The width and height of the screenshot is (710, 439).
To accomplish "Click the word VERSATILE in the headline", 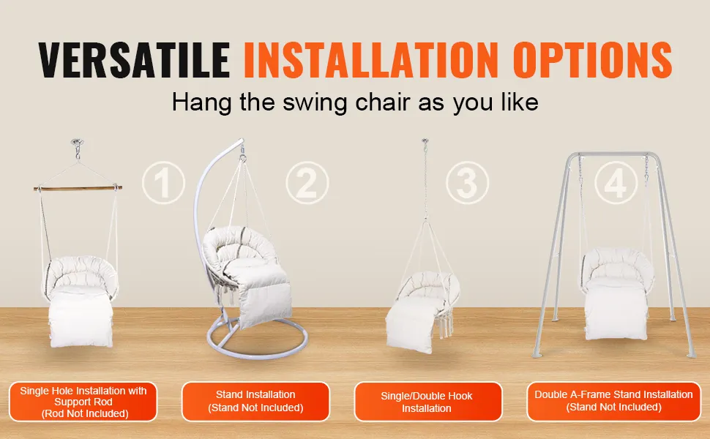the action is pyautogui.click(x=134, y=60).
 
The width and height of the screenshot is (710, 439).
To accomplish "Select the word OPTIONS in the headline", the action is pyautogui.click(x=592, y=60).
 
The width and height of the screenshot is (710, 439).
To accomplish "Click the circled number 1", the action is pyautogui.click(x=163, y=184).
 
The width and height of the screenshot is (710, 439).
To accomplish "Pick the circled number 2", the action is pyautogui.click(x=307, y=184).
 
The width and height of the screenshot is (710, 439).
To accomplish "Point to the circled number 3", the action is pyautogui.click(x=467, y=184).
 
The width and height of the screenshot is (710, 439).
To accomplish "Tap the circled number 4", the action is pyautogui.click(x=616, y=184).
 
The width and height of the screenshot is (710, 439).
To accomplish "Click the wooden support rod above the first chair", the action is pyautogui.click(x=78, y=187).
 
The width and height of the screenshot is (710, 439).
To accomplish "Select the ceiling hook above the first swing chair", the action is pyautogui.click(x=78, y=146).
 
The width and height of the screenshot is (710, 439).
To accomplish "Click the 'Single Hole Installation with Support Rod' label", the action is pyautogui.click(x=83, y=402).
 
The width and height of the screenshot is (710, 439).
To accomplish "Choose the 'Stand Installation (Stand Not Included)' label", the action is pyautogui.click(x=256, y=402).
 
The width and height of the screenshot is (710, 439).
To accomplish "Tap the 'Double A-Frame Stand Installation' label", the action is pyautogui.click(x=613, y=401).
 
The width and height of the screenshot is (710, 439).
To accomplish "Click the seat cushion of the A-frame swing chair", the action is pyautogui.click(x=616, y=309).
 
